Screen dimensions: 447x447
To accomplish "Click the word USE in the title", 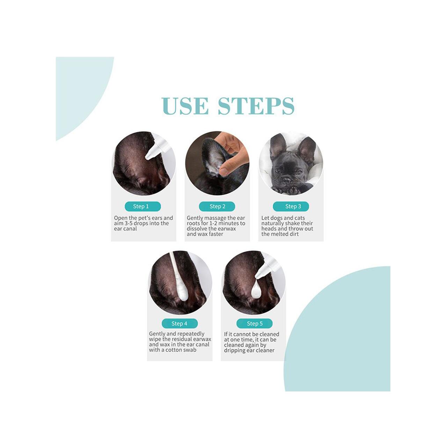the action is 185,106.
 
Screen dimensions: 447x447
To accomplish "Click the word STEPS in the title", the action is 256,106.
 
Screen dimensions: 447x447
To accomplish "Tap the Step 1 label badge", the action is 143,206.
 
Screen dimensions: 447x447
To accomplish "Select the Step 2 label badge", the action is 217,206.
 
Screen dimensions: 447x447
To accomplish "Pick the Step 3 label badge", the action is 291,206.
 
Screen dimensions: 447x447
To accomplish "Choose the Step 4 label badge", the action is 180,323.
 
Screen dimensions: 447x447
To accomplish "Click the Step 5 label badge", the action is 255,323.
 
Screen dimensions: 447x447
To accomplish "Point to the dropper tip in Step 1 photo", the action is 147,157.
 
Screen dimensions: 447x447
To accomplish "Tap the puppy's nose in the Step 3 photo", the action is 287,179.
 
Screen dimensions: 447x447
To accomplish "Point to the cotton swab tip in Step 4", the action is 182,293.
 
